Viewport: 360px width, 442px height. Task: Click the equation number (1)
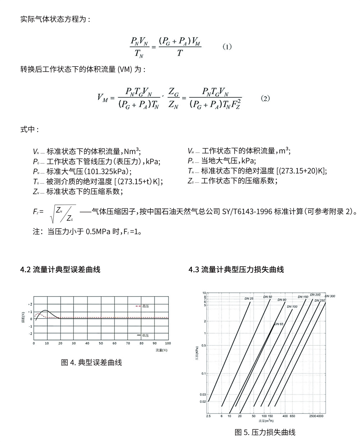[227, 47]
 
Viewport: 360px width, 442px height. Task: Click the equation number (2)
[265, 98]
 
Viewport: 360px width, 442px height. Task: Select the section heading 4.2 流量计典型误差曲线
[60, 269]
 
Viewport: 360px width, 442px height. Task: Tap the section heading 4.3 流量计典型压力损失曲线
[236, 269]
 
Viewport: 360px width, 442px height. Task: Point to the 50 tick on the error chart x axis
[101, 343]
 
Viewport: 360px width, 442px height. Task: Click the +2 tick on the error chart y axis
[30, 304]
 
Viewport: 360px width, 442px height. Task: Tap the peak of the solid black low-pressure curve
[45, 310]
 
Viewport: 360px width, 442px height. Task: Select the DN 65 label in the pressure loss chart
[279, 324]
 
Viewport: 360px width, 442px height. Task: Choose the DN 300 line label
[330, 296]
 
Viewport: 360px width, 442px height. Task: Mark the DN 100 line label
[292, 306]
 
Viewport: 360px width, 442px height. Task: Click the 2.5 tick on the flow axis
[208, 416]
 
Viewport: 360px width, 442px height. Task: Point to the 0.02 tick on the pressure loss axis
[203, 401]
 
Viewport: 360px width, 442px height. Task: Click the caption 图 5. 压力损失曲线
[265, 432]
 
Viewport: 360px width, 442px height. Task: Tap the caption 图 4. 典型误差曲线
[91, 362]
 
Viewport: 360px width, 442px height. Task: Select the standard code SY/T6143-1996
[247, 211]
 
